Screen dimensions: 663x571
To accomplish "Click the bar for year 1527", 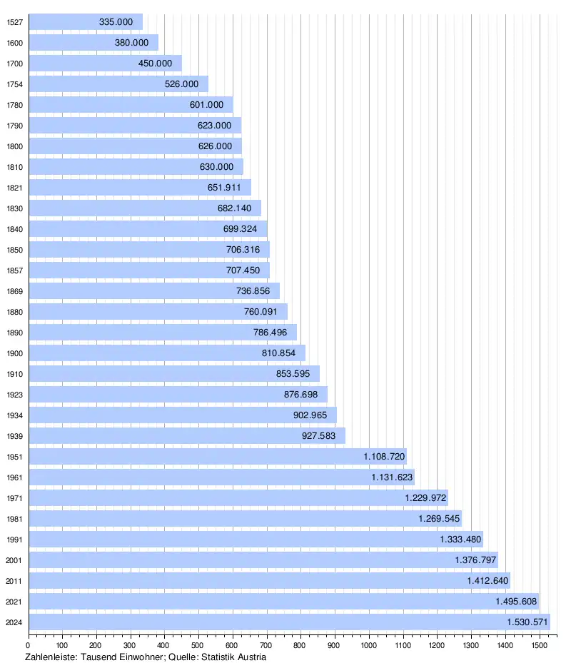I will (x=86, y=22).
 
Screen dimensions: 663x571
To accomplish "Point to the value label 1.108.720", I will (x=384, y=456).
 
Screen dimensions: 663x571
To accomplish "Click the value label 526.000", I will (x=181, y=84).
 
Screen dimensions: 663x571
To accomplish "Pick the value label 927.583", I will (x=323, y=435).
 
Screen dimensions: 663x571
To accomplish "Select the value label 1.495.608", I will (x=517, y=601).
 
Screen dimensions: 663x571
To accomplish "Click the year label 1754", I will (x=14, y=84).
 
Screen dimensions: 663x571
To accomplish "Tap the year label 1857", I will (x=14, y=270).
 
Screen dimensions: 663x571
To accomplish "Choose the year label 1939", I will (x=14, y=435).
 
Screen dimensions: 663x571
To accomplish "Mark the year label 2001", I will (x=14, y=560).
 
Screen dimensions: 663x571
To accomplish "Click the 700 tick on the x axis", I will (x=267, y=646).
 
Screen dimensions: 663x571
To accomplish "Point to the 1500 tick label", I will (x=539, y=646).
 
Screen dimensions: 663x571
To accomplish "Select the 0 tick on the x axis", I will (x=29, y=646).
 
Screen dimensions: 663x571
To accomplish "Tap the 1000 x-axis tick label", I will (x=369, y=646).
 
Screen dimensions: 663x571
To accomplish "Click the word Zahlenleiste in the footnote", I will (x=50, y=657).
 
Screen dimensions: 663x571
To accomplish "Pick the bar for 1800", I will (x=136, y=146).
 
